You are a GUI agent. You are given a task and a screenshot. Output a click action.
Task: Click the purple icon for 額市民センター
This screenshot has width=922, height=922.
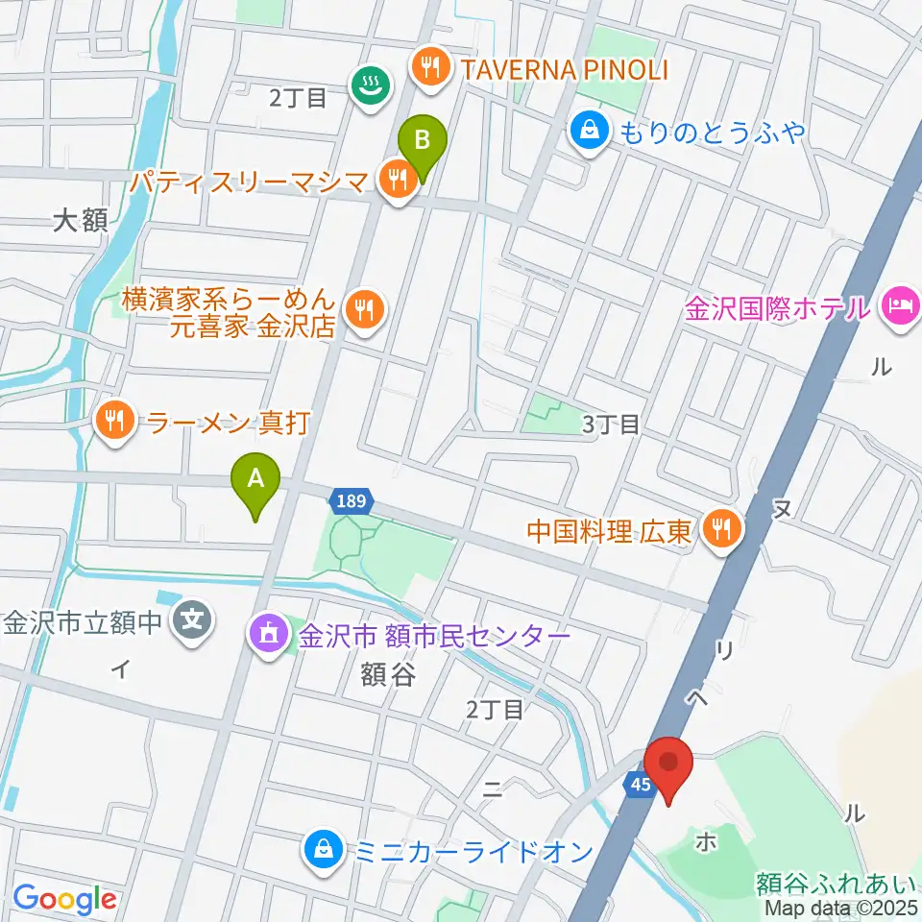click(x=267, y=635)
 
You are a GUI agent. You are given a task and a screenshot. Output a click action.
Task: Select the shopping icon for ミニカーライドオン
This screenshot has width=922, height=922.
click(x=320, y=850)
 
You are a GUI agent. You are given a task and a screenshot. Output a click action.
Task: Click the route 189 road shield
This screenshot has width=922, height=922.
click(x=352, y=500)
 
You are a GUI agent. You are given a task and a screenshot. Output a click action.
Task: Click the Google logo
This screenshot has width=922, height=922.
click(x=64, y=899)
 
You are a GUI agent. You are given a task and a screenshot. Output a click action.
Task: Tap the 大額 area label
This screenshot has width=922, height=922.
click(x=80, y=223)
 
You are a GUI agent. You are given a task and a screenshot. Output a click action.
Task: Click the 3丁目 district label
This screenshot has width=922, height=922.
click(x=611, y=425)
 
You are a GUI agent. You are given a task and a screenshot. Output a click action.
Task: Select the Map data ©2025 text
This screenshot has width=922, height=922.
click(x=841, y=907)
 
